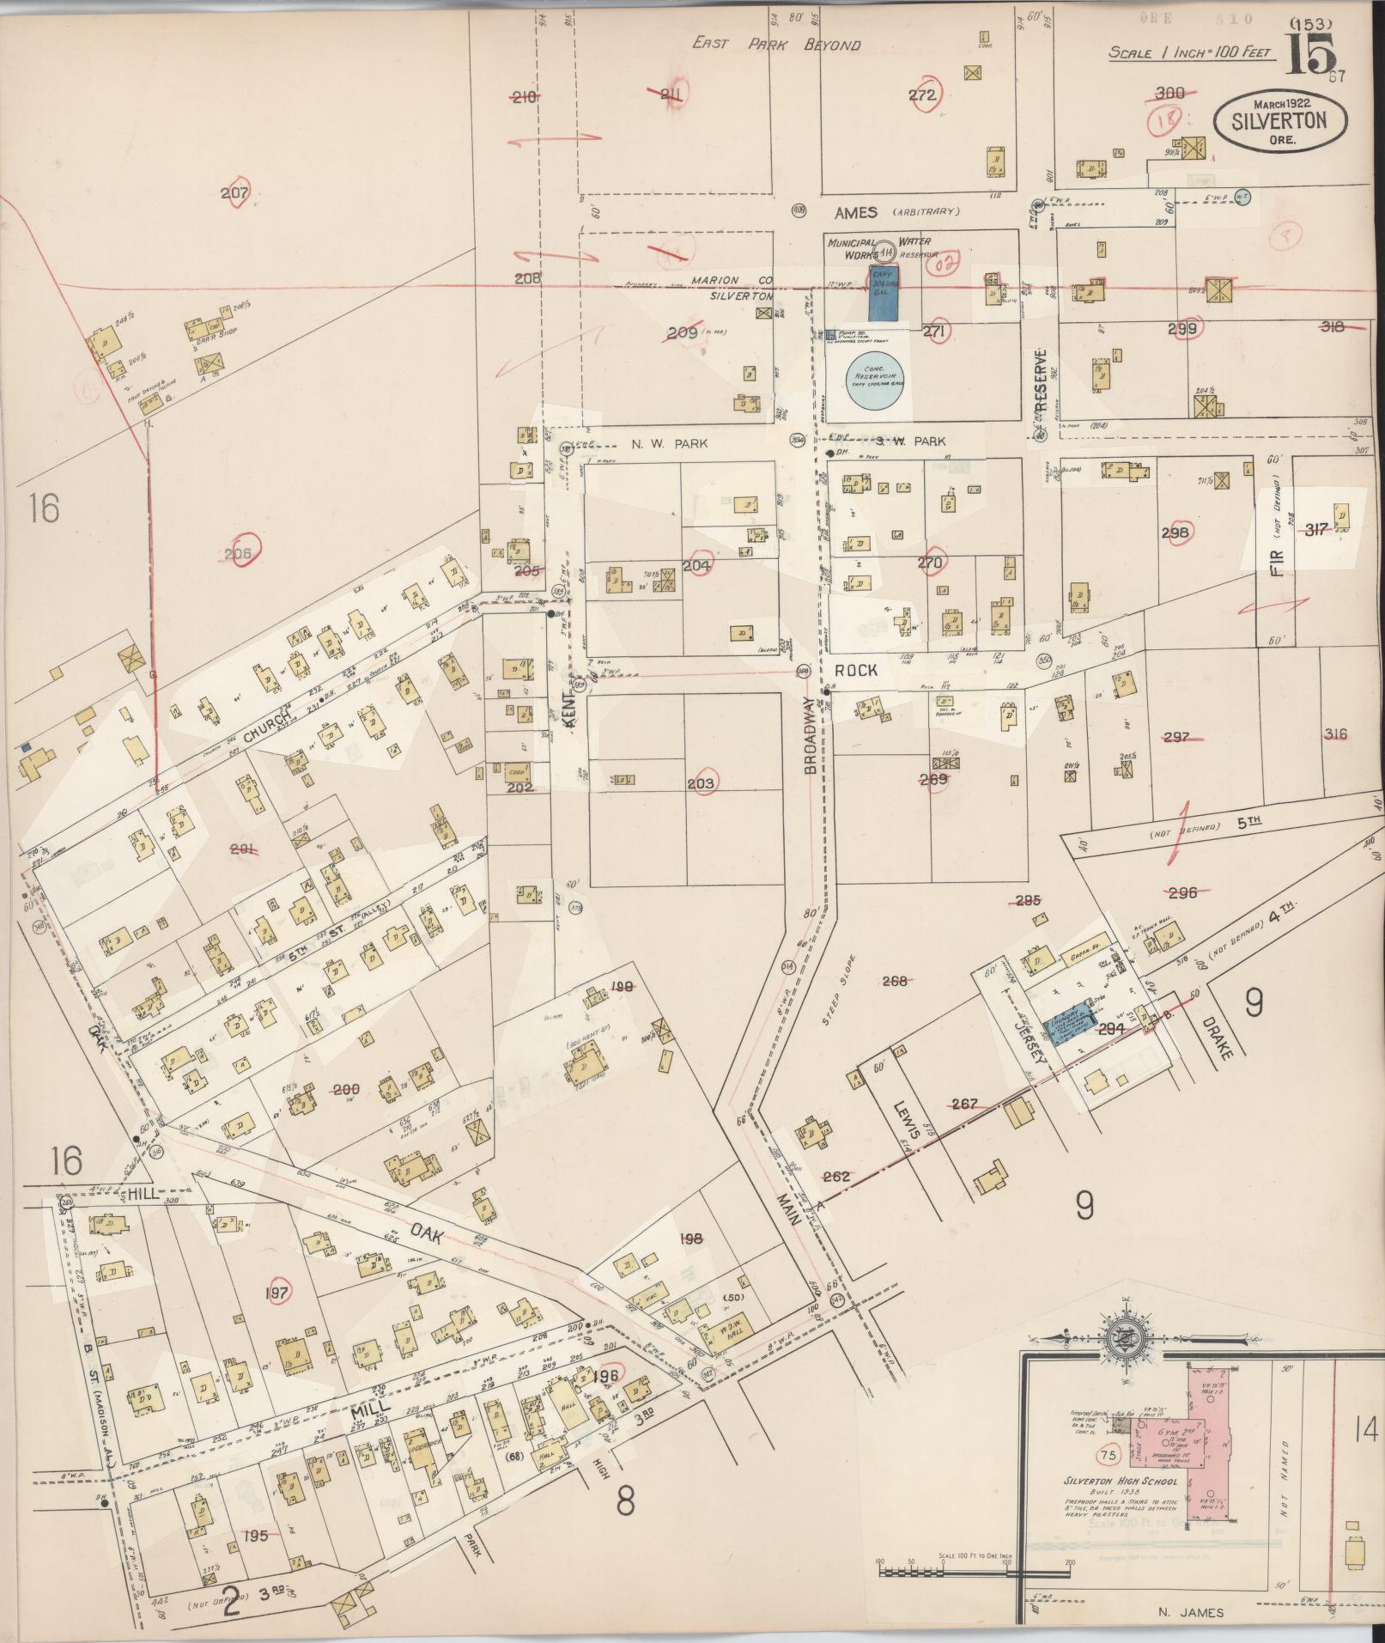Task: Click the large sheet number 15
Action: pos(1311,53)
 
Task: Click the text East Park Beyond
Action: pos(776,44)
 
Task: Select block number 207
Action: pos(234,194)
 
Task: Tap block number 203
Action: pos(702,784)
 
